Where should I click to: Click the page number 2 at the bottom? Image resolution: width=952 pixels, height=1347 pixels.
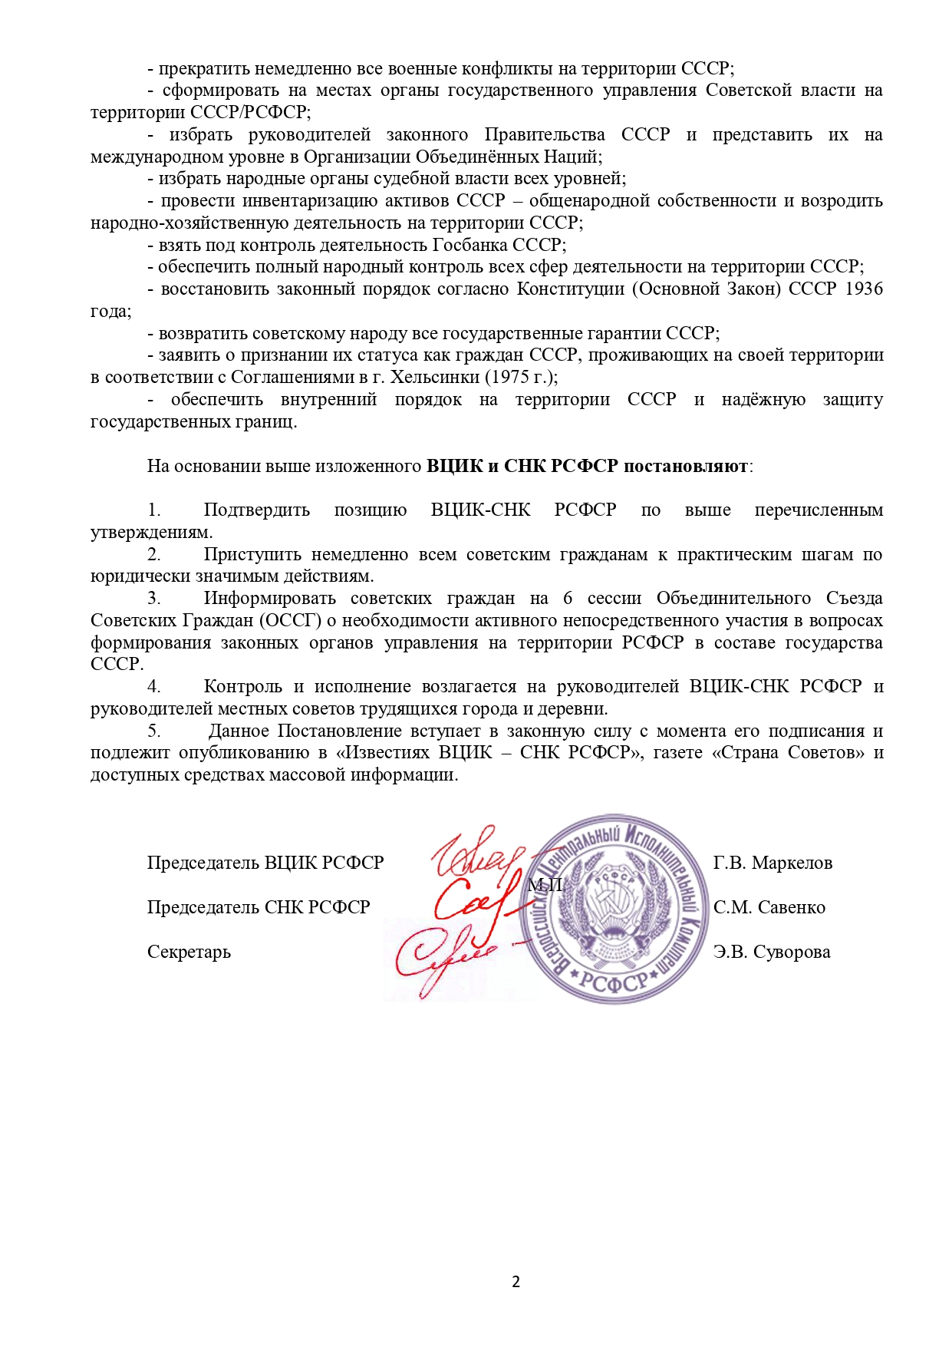pos(516,1281)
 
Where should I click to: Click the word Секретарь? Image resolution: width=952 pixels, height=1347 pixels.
pos(189,952)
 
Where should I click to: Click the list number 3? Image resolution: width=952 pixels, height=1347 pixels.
pos(154,599)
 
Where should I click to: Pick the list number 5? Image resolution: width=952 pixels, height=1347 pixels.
pos(154,731)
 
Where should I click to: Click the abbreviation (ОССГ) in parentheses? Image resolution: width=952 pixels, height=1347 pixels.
pos(292,621)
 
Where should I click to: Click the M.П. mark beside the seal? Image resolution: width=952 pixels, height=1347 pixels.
pos(545,885)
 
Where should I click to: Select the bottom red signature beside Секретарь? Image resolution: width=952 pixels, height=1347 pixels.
pos(445,956)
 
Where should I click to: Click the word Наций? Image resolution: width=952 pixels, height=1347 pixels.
pos(575,157)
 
